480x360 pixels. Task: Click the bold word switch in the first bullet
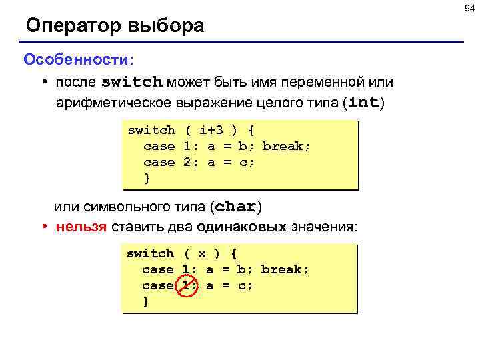(132, 83)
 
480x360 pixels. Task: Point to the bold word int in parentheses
(363, 103)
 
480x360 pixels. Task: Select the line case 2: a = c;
(199, 162)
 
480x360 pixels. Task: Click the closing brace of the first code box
(147, 178)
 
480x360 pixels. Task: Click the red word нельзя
(81, 227)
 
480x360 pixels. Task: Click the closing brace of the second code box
(146, 301)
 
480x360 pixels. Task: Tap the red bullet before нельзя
(43, 227)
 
